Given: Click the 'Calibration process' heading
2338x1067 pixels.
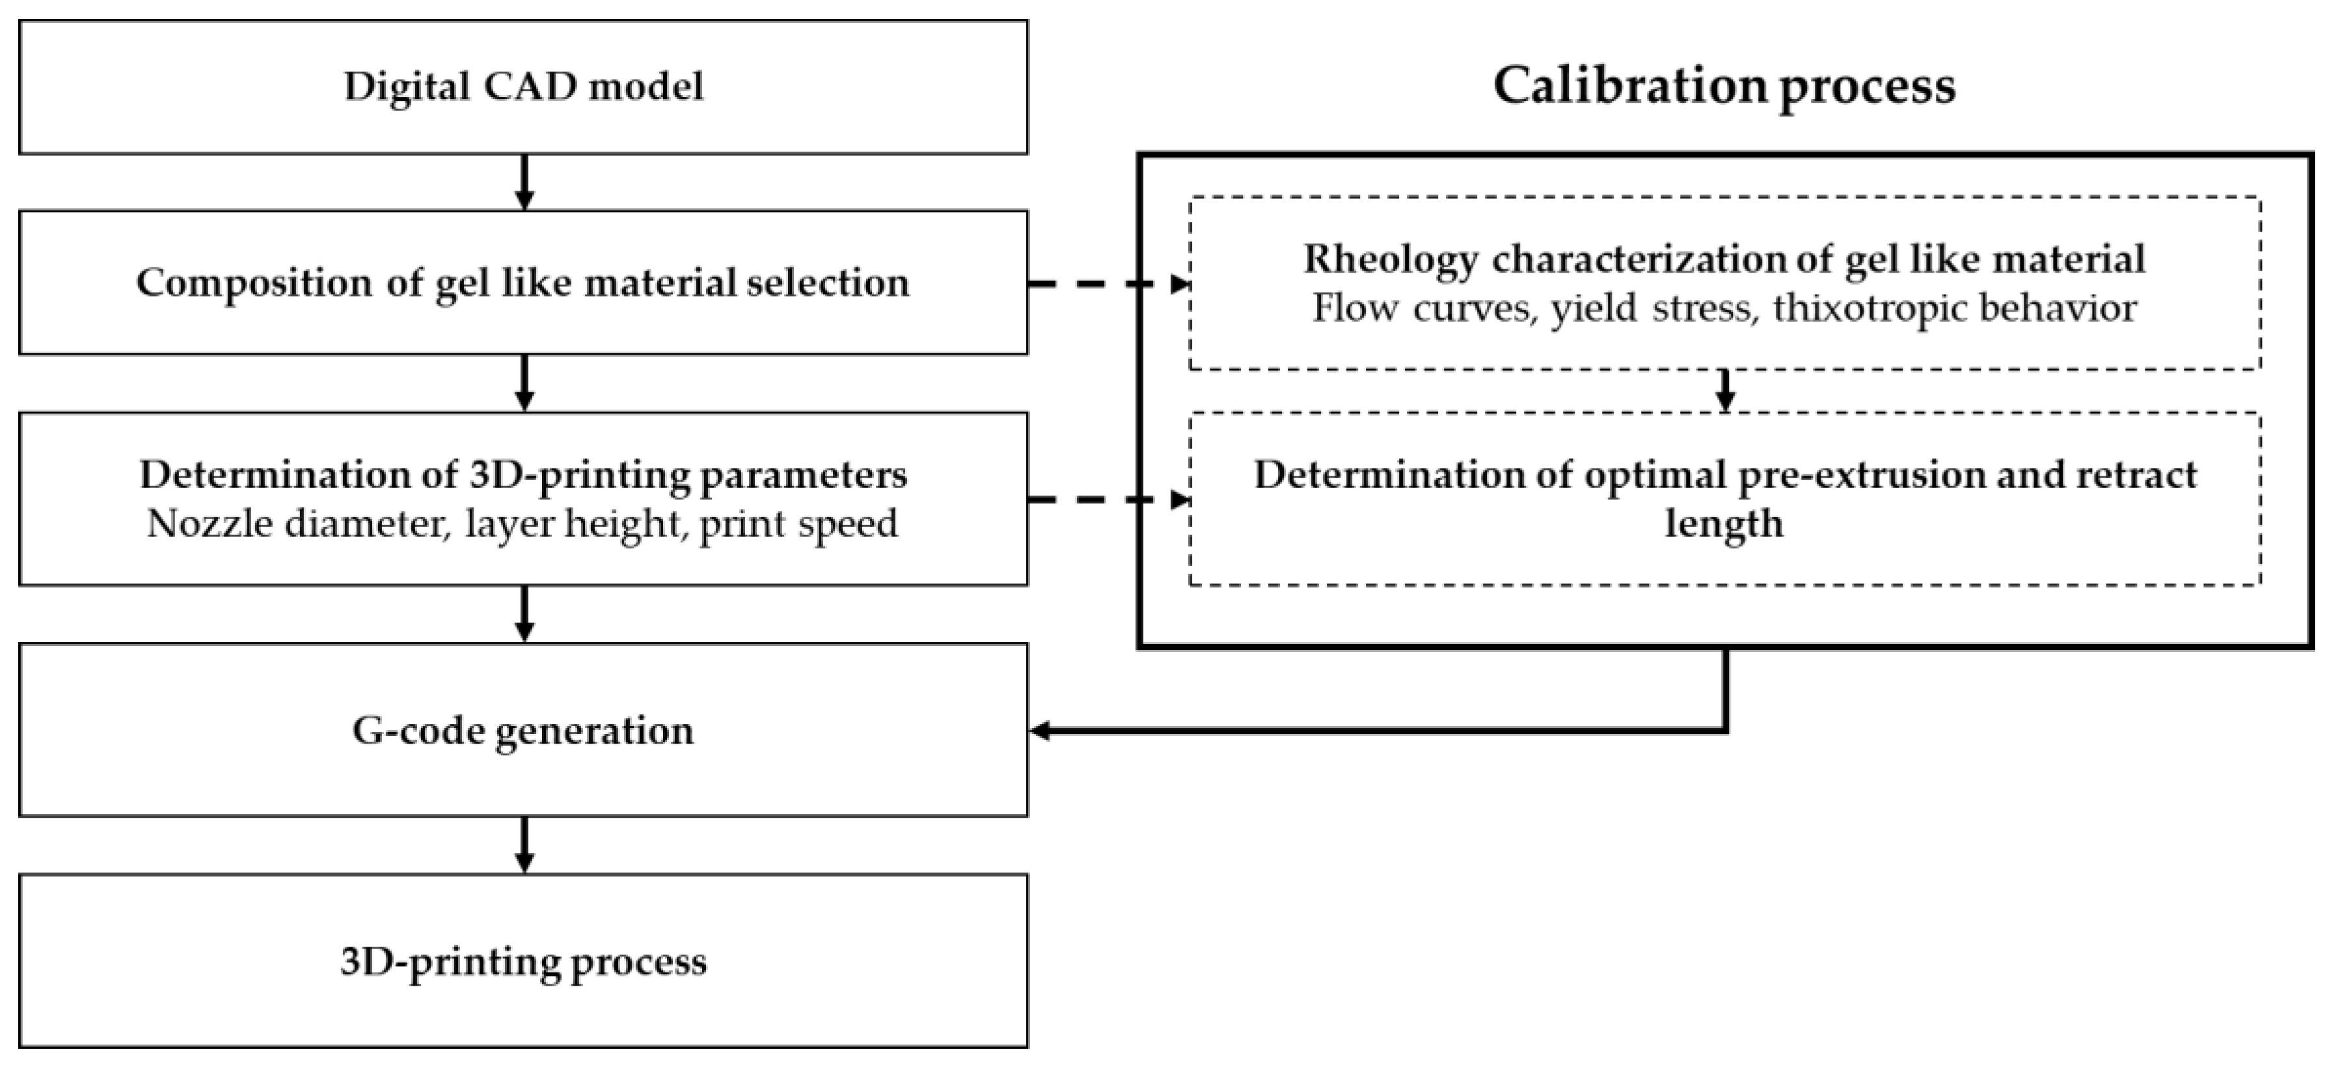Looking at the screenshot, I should (1724, 86).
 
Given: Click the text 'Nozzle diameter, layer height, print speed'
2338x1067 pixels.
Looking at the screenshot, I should (523, 524).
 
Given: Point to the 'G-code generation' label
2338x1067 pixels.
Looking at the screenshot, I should (523, 731).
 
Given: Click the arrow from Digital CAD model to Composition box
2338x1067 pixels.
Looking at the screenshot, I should (524, 182).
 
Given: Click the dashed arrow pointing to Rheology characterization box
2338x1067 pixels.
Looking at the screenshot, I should (1108, 284).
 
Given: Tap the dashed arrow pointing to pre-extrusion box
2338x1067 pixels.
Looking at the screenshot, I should (1108, 500).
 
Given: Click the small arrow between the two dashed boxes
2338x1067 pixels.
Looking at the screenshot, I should (1726, 391).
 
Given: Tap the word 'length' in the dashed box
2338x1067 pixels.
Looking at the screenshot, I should (1724, 524).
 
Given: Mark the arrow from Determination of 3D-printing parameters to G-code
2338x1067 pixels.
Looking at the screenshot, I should (524, 614).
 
